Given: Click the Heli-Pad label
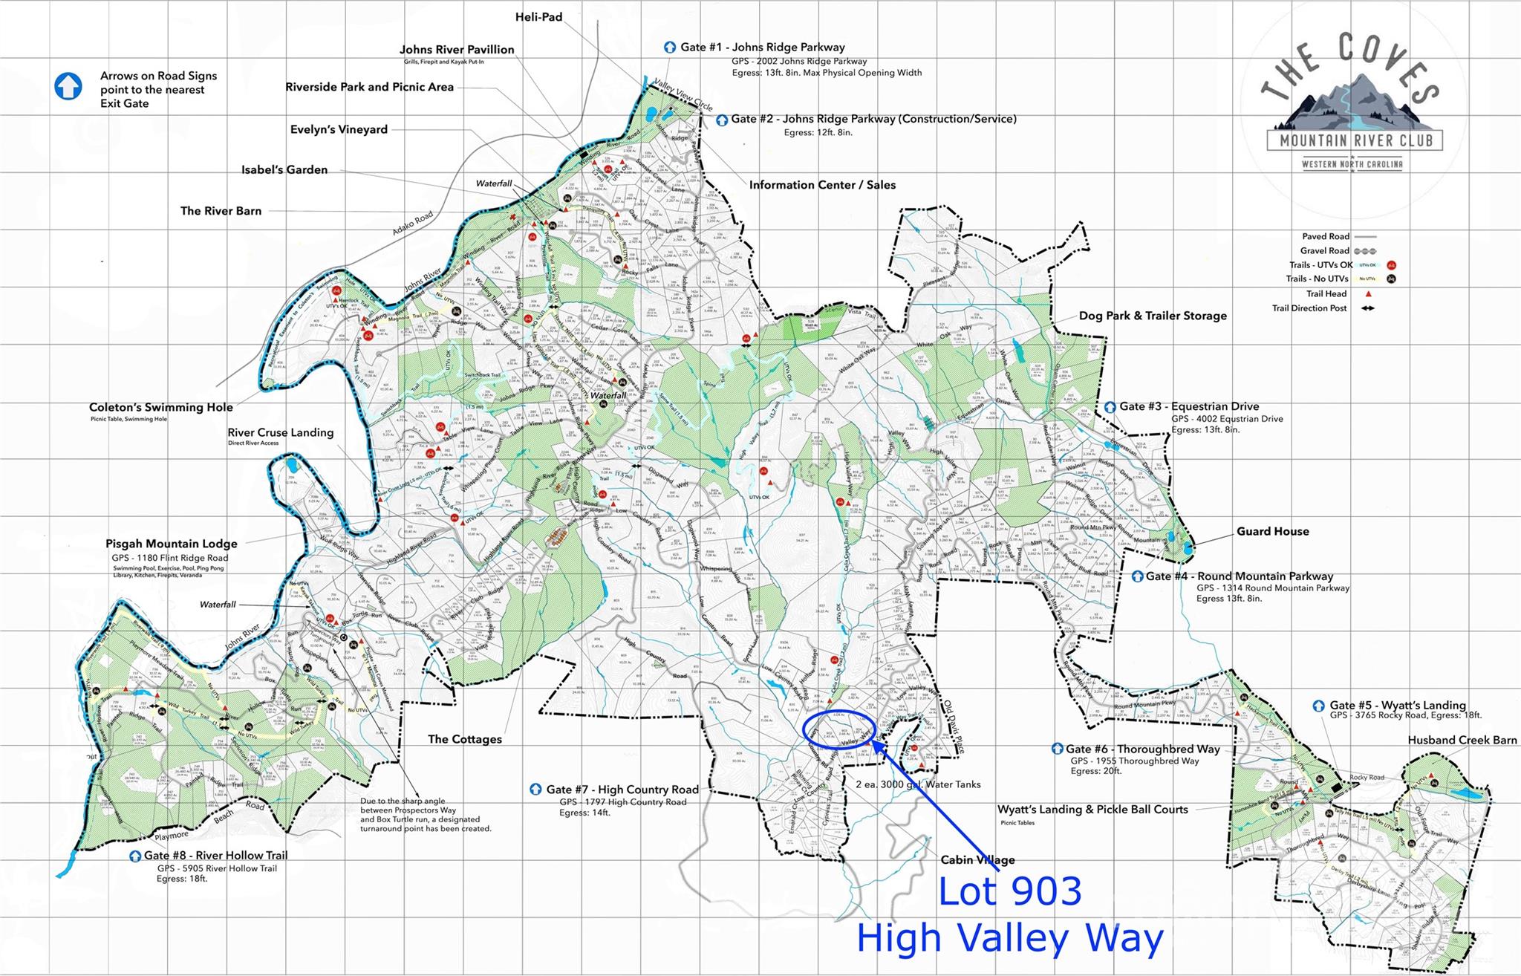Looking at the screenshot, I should coord(538,16).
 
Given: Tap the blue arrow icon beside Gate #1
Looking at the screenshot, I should coord(670,48).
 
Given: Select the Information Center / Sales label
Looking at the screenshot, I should coord(822,185).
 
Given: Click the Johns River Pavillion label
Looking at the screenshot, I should coord(457,50).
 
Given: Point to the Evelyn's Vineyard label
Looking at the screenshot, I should coord(339,129).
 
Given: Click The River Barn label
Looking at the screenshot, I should coord(221,211).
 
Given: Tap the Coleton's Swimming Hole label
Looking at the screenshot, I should coord(161,407).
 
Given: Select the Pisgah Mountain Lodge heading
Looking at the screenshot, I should coord(172,544).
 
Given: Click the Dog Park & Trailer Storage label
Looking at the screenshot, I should coord(1153,316).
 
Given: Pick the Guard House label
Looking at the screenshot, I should coord(1272,531).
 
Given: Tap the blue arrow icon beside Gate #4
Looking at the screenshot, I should coord(1137,576).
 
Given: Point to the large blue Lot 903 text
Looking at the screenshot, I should coord(1009,891).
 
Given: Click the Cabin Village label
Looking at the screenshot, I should coord(977,860).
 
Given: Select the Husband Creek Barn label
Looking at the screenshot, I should coord(1462,740).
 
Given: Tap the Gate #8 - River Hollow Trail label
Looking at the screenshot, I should coord(215,856).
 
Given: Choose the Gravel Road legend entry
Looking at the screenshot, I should coord(1325,250).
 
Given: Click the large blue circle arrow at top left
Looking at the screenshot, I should coord(68,86).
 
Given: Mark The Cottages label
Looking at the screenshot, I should coord(465,739).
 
